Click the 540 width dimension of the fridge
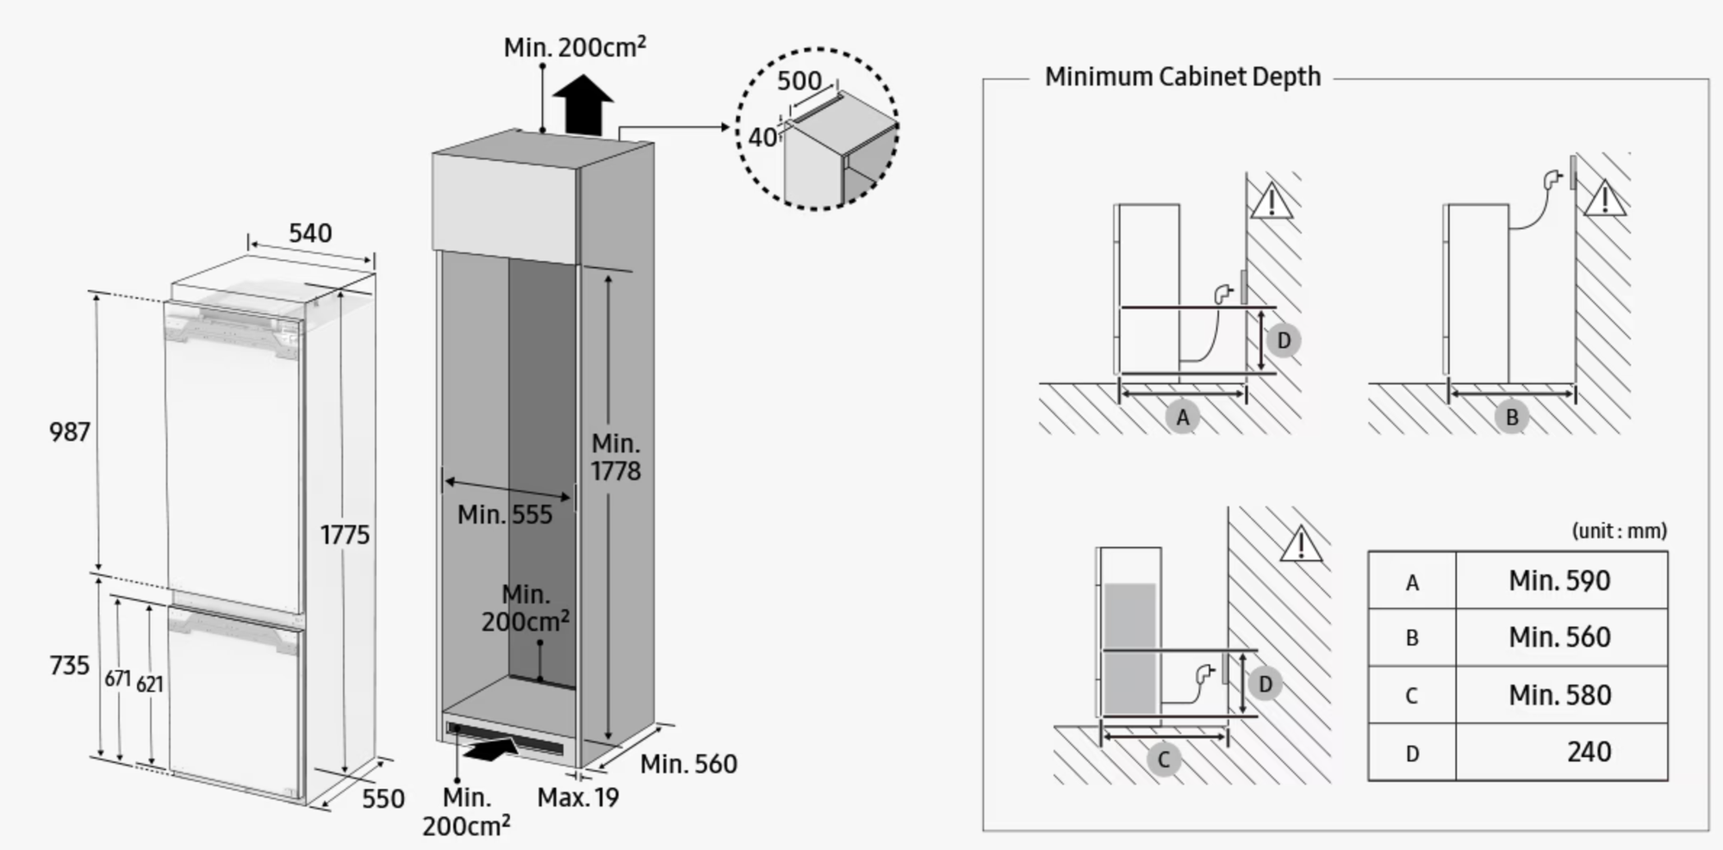[x=310, y=233]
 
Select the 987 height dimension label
[x=70, y=431]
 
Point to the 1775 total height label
[x=345, y=535]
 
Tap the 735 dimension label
[x=70, y=666]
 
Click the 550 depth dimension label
[x=383, y=798]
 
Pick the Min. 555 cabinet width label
[x=505, y=515]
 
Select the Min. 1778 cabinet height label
[x=616, y=457]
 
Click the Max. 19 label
[x=578, y=797]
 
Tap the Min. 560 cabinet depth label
[x=688, y=764]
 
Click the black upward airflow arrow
[x=583, y=104]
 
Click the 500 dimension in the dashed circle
[x=799, y=81]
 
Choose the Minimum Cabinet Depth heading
[x=1182, y=77]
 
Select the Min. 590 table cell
[x=1559, y=580]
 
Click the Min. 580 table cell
[x=1559, y=695]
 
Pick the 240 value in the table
[x=1589, y=752]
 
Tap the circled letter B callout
[x=1511, y=418]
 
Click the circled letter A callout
[x=1182, y=418]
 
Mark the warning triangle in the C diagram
[x=1300, y=544]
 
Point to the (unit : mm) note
[x=1620, y=530]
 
